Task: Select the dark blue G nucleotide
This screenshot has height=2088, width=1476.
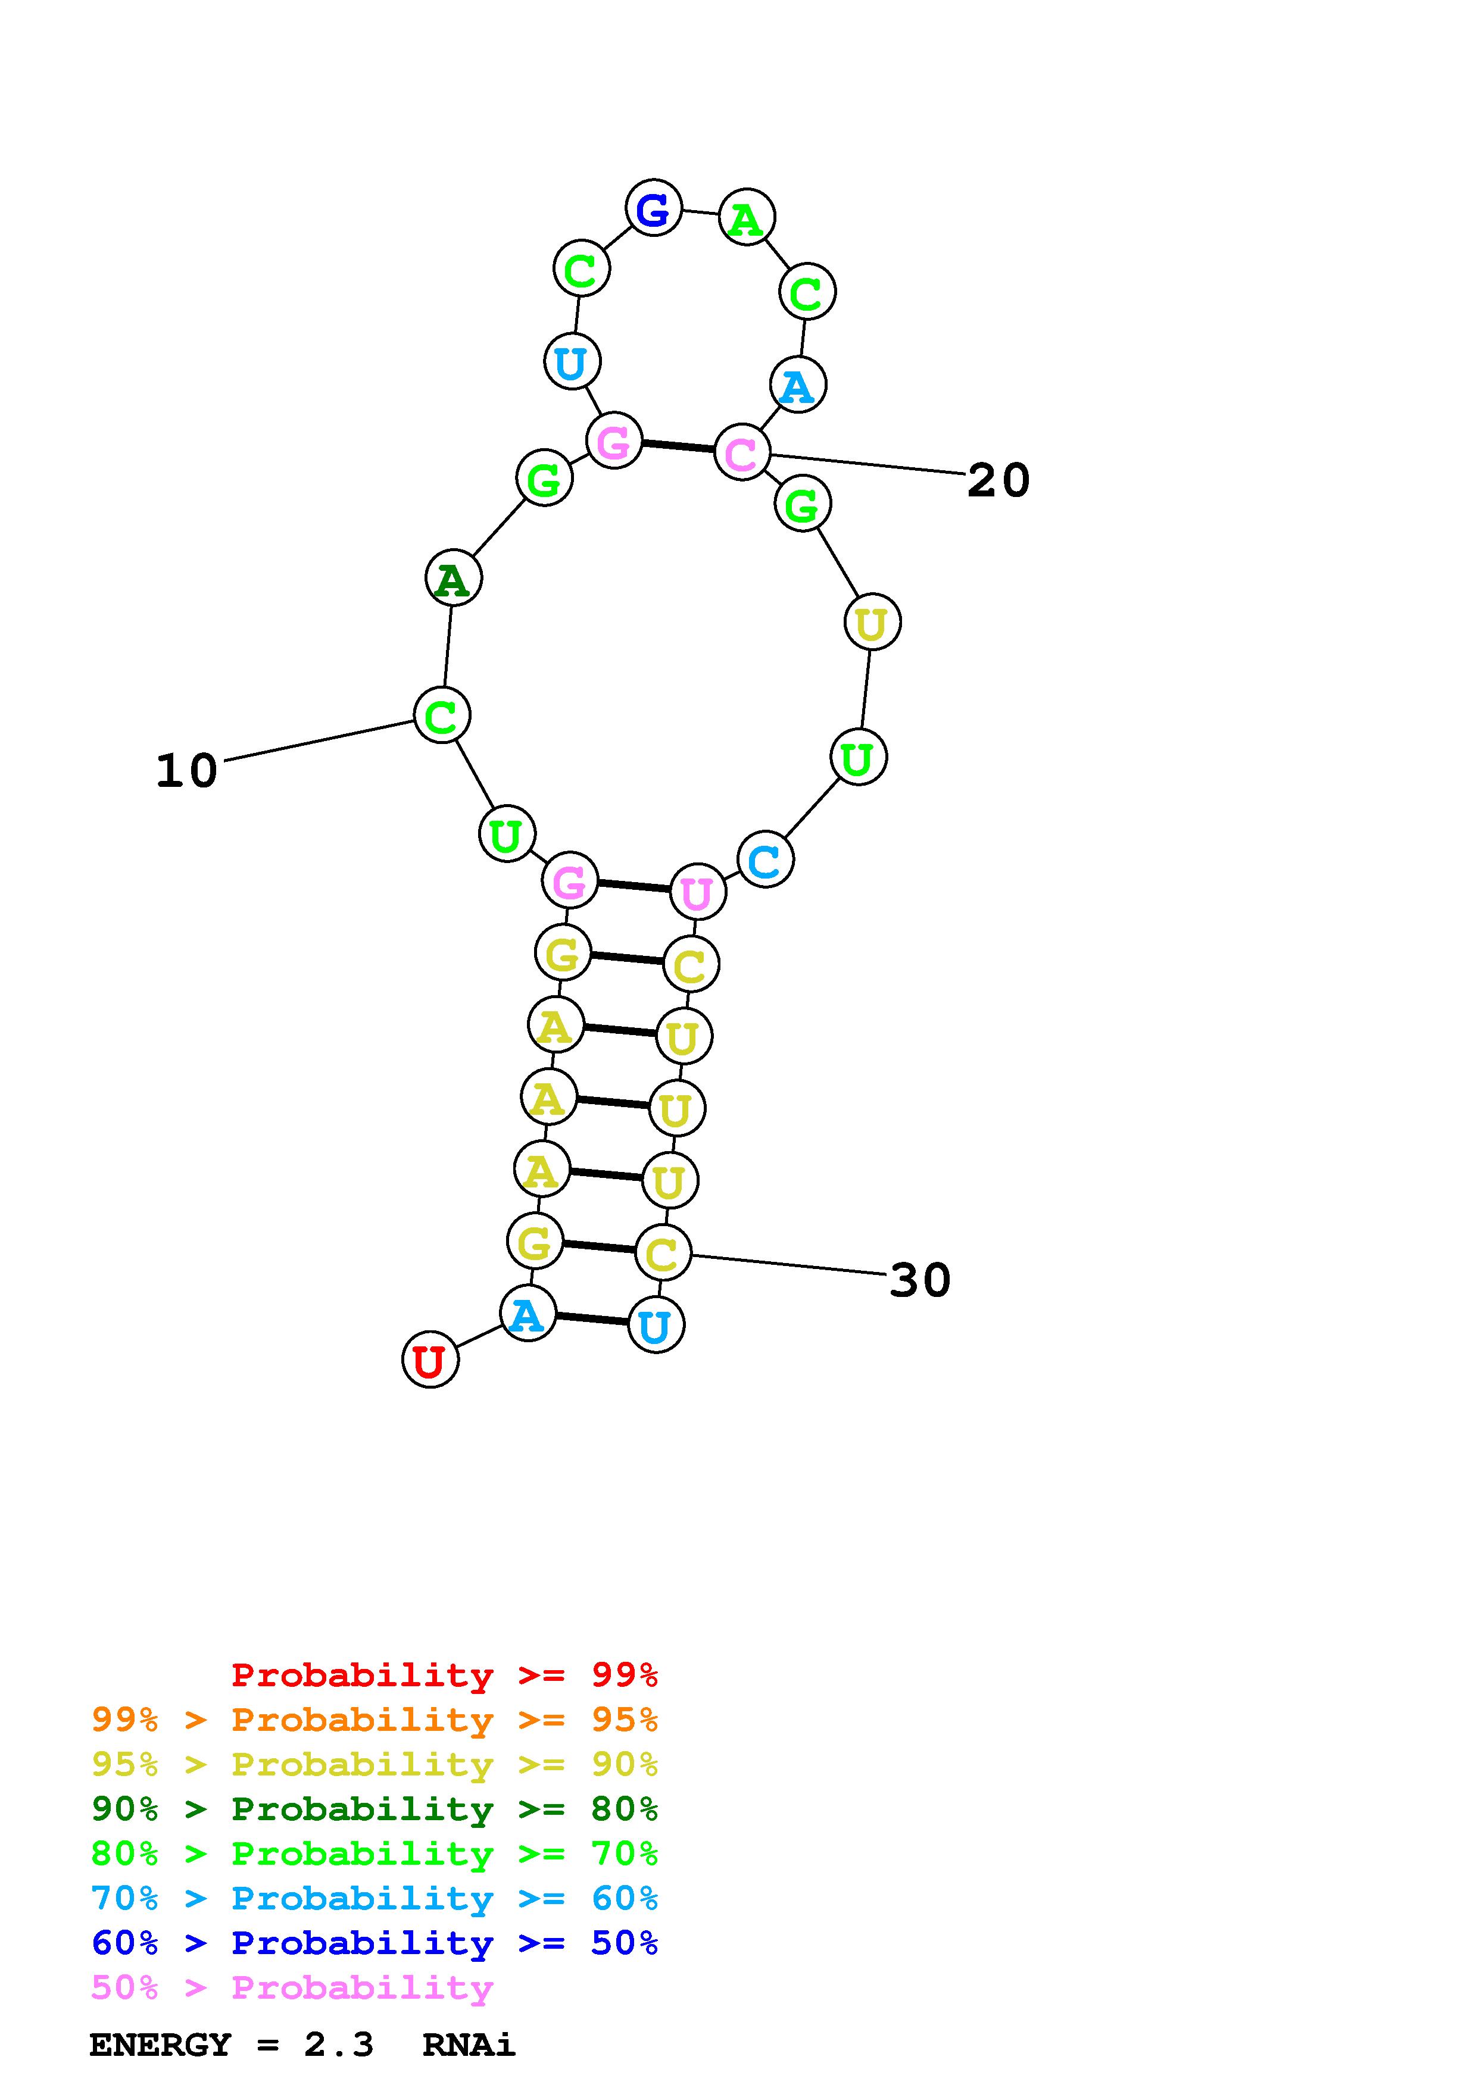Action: [x=653, y=208]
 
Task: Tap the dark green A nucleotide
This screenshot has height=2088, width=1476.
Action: [x=453, y=579]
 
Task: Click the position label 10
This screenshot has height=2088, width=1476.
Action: [x=186, y=771]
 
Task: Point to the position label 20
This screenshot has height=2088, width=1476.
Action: [x=998, y=480]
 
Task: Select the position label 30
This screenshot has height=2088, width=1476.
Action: [x=919, y=1280]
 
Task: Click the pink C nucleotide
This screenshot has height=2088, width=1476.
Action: [x=742, y=452]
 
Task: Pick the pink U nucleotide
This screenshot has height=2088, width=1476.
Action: [x=698, y=892]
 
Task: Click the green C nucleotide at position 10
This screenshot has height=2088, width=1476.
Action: [x=442, y=715]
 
